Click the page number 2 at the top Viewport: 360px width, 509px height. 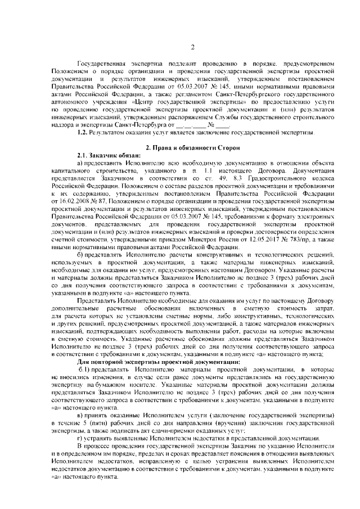pyautogui.click(x=192, y=47)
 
